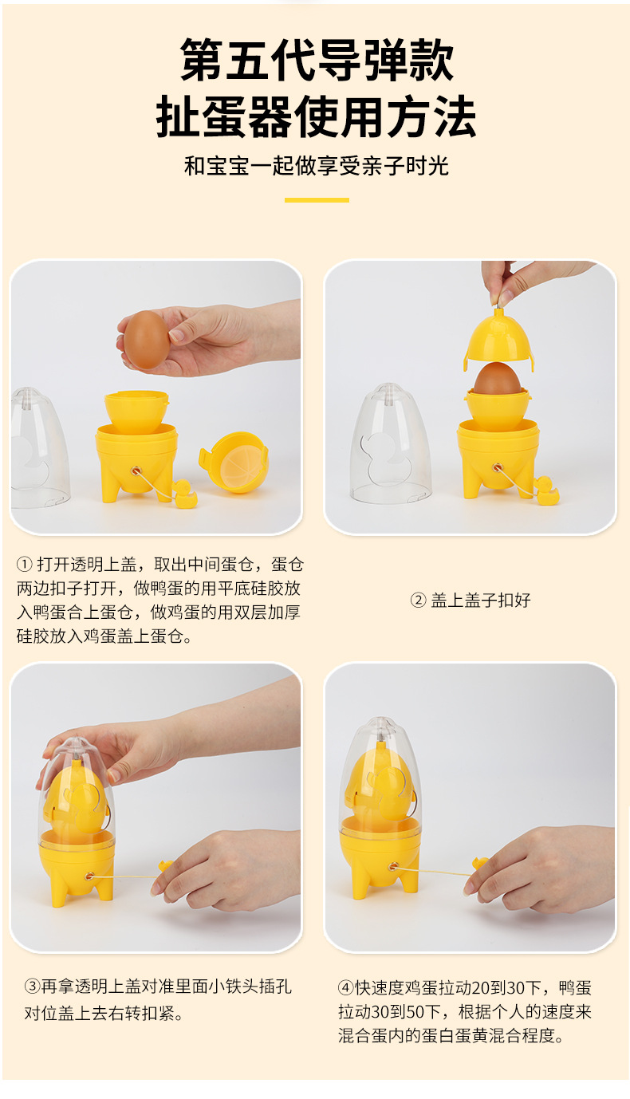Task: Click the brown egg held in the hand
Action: click(x=147, y=339)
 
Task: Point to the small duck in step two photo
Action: click(x=546, y=489)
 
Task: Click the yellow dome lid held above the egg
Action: click(x=498, y=340)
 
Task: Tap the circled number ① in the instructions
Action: click(x=24, y=565)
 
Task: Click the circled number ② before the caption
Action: click(x=419, y=601)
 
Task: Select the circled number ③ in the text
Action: click(x=31, y=987)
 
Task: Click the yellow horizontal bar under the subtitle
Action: click(x=317, y=199)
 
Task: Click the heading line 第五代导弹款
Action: click(x=317, y=61)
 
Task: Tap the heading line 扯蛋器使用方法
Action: click(x=317, y=118)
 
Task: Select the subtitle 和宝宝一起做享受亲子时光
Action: click(x=317, y=166)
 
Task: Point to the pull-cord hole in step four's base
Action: click(x=392, y=866)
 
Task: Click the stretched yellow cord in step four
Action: click(x=435, y=871)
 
